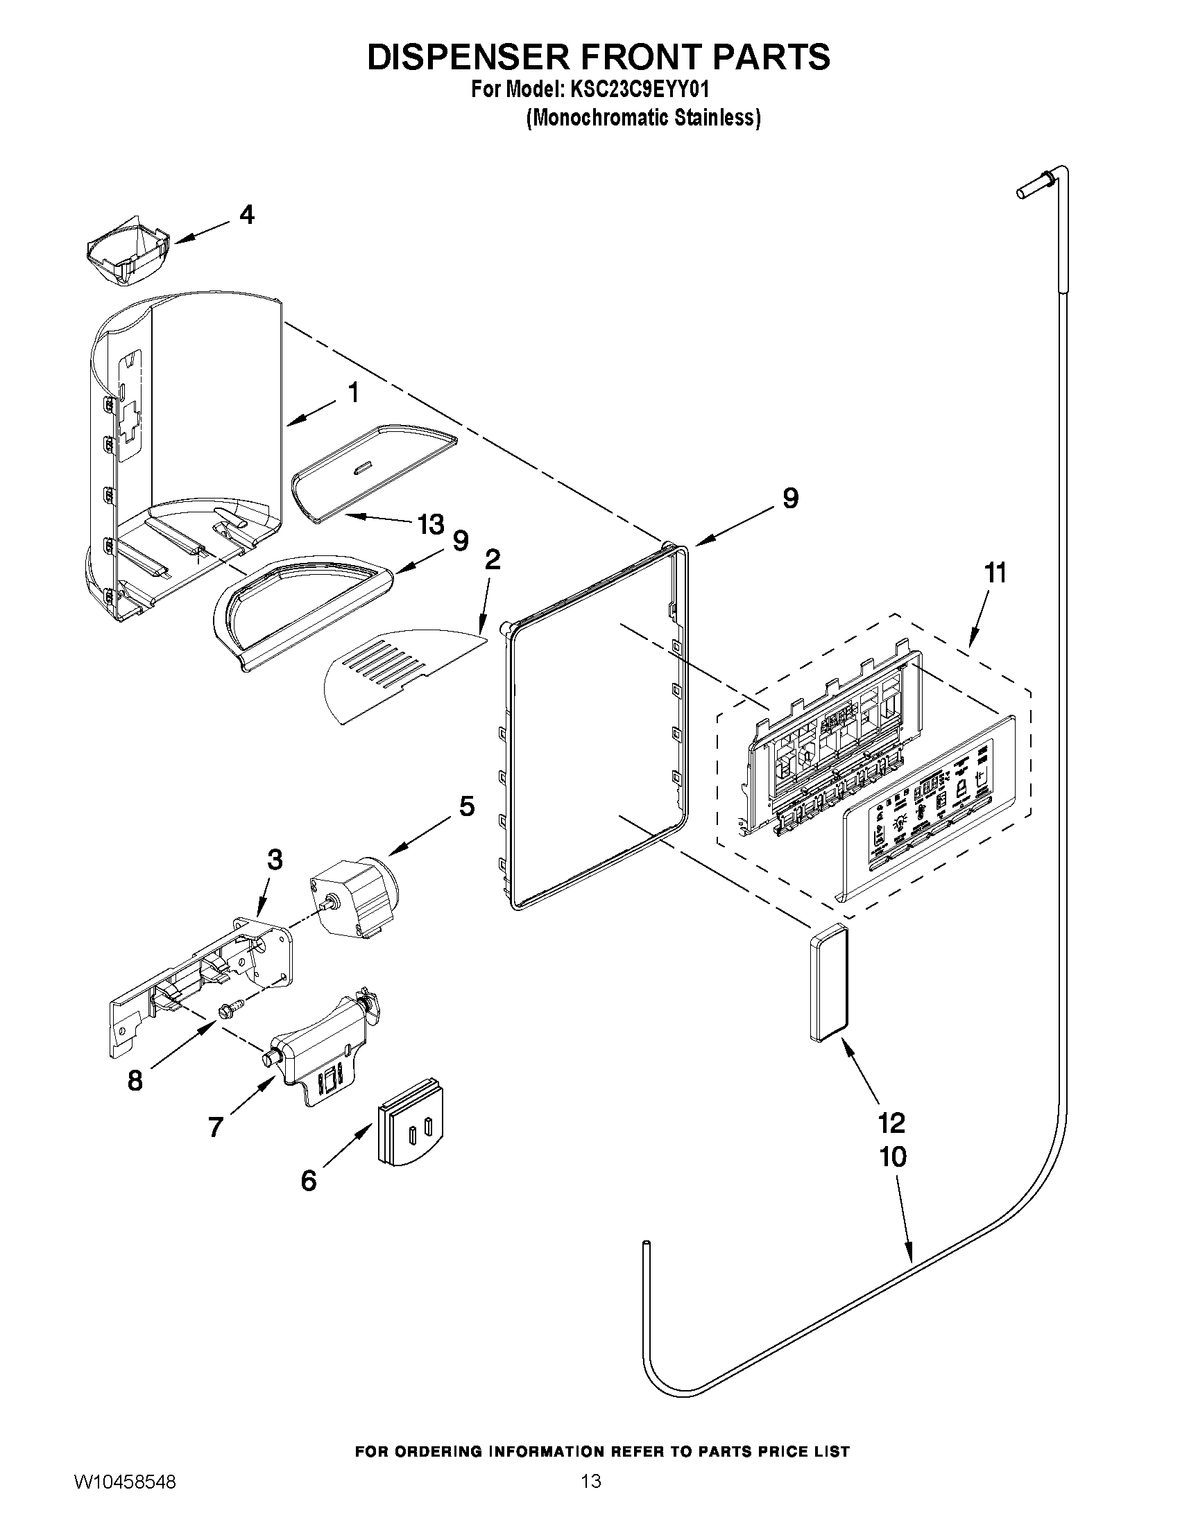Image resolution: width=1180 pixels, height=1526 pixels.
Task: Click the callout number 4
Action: [247, 214]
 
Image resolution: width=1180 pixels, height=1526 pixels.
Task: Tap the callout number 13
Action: [431, 524]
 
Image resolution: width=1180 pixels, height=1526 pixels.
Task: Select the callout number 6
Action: [308, 1180]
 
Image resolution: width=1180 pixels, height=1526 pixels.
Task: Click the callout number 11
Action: [995, 573]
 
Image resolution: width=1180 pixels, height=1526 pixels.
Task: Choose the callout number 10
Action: [893, 1157]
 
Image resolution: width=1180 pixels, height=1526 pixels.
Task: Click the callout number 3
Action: [275, 860]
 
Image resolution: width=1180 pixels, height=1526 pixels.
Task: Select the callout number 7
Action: [215, 1127]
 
